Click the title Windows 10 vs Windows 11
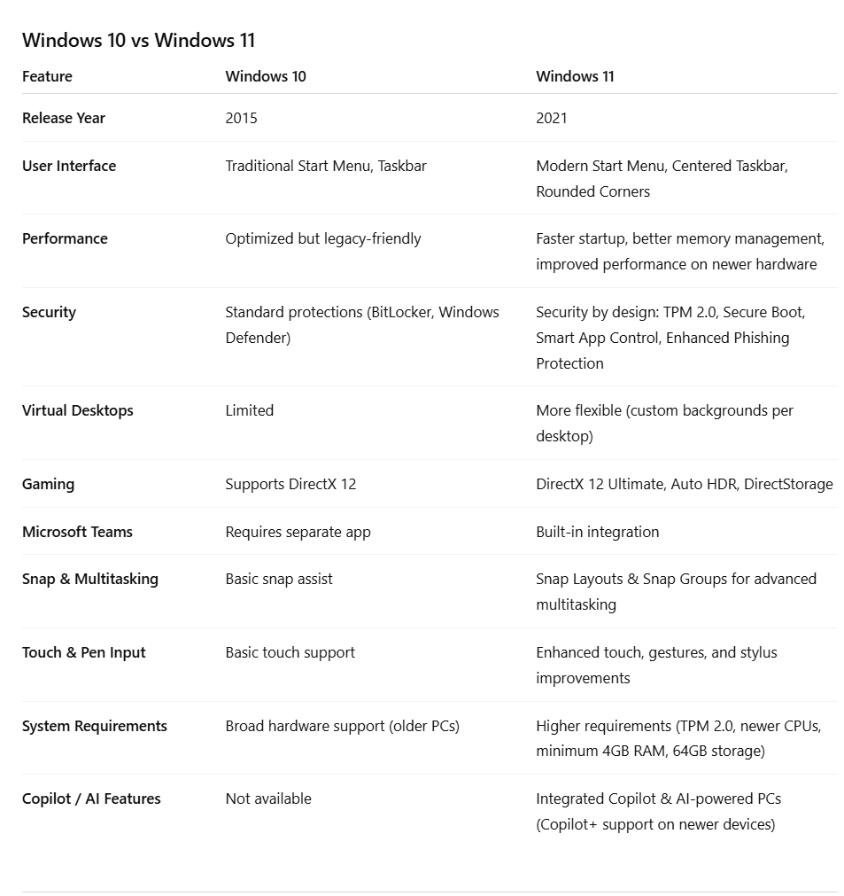tap(138, 40)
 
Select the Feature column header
tap(47, 76)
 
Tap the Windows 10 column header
tap(266, 76)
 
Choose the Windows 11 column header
tap(575, 76)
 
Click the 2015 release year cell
tap(241, 118)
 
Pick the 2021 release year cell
tap(552, 118)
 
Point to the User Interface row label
tap(69, 166)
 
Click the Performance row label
tap(65, 238)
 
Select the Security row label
tap(49, 312)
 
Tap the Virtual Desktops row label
tap(78, 410)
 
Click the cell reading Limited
tap(250, 410)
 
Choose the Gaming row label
tap(48, 484)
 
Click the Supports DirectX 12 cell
tap(290, 484)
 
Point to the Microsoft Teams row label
tap(77, 532)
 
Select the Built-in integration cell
tap(598, 532)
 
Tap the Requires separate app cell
tap(298, 532)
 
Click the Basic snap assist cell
tap(279, 579)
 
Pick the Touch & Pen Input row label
tap(84, 652)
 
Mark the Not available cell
tap(268, 799)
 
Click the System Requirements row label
tap(95, 726)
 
